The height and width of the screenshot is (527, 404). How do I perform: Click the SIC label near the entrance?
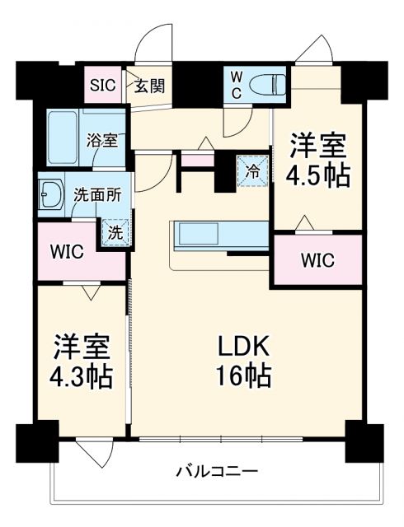[x=103, y=85]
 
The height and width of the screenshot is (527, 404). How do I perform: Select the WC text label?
[x=236, y=85]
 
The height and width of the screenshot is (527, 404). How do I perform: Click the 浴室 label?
[x=103, y=139]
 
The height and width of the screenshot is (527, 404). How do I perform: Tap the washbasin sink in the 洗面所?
[x=51, y=196]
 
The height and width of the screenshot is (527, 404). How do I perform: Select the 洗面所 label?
[x=97, y=195]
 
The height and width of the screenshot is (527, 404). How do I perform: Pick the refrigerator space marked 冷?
[x=252, y=170]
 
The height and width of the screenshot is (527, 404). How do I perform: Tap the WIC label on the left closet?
[x=68, y=252]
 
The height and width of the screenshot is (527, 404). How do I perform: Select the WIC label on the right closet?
[x=317, y=261]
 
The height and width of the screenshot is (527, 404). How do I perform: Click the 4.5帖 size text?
[x=317, y=175]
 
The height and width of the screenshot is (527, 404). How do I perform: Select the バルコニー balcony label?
[x=217, y=472]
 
